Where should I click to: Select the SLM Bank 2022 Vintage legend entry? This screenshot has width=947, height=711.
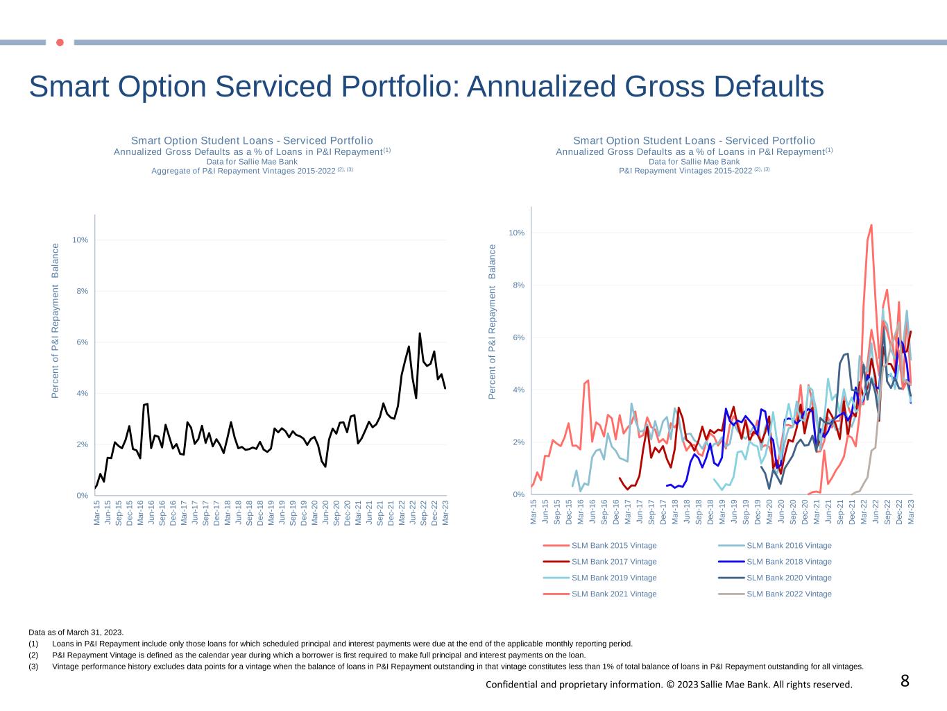point(789,594)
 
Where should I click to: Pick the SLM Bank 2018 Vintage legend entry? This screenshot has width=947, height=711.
point(789,562)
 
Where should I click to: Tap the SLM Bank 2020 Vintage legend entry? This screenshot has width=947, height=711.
point(789,578)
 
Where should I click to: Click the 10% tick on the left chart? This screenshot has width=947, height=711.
point(80,240)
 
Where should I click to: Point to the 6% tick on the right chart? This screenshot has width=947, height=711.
point(518,337)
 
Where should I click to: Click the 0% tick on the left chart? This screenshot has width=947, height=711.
point(83,496)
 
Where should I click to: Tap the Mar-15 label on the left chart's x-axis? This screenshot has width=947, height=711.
point(97,512)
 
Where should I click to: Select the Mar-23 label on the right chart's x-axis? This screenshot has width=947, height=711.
point(911,511)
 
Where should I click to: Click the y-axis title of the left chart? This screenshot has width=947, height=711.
point(56,321)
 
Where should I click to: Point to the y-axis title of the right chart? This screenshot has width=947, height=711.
point(493,321)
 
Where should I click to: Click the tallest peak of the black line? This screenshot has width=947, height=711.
point(420,333)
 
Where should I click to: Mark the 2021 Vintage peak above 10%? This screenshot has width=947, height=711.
point(871,225)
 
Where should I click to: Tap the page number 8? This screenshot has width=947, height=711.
point(905,681)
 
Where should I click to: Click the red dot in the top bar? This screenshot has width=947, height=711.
point(60,42)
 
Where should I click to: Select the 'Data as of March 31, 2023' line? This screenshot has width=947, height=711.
point(76,632)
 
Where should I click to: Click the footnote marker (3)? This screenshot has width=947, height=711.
point(34,667)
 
